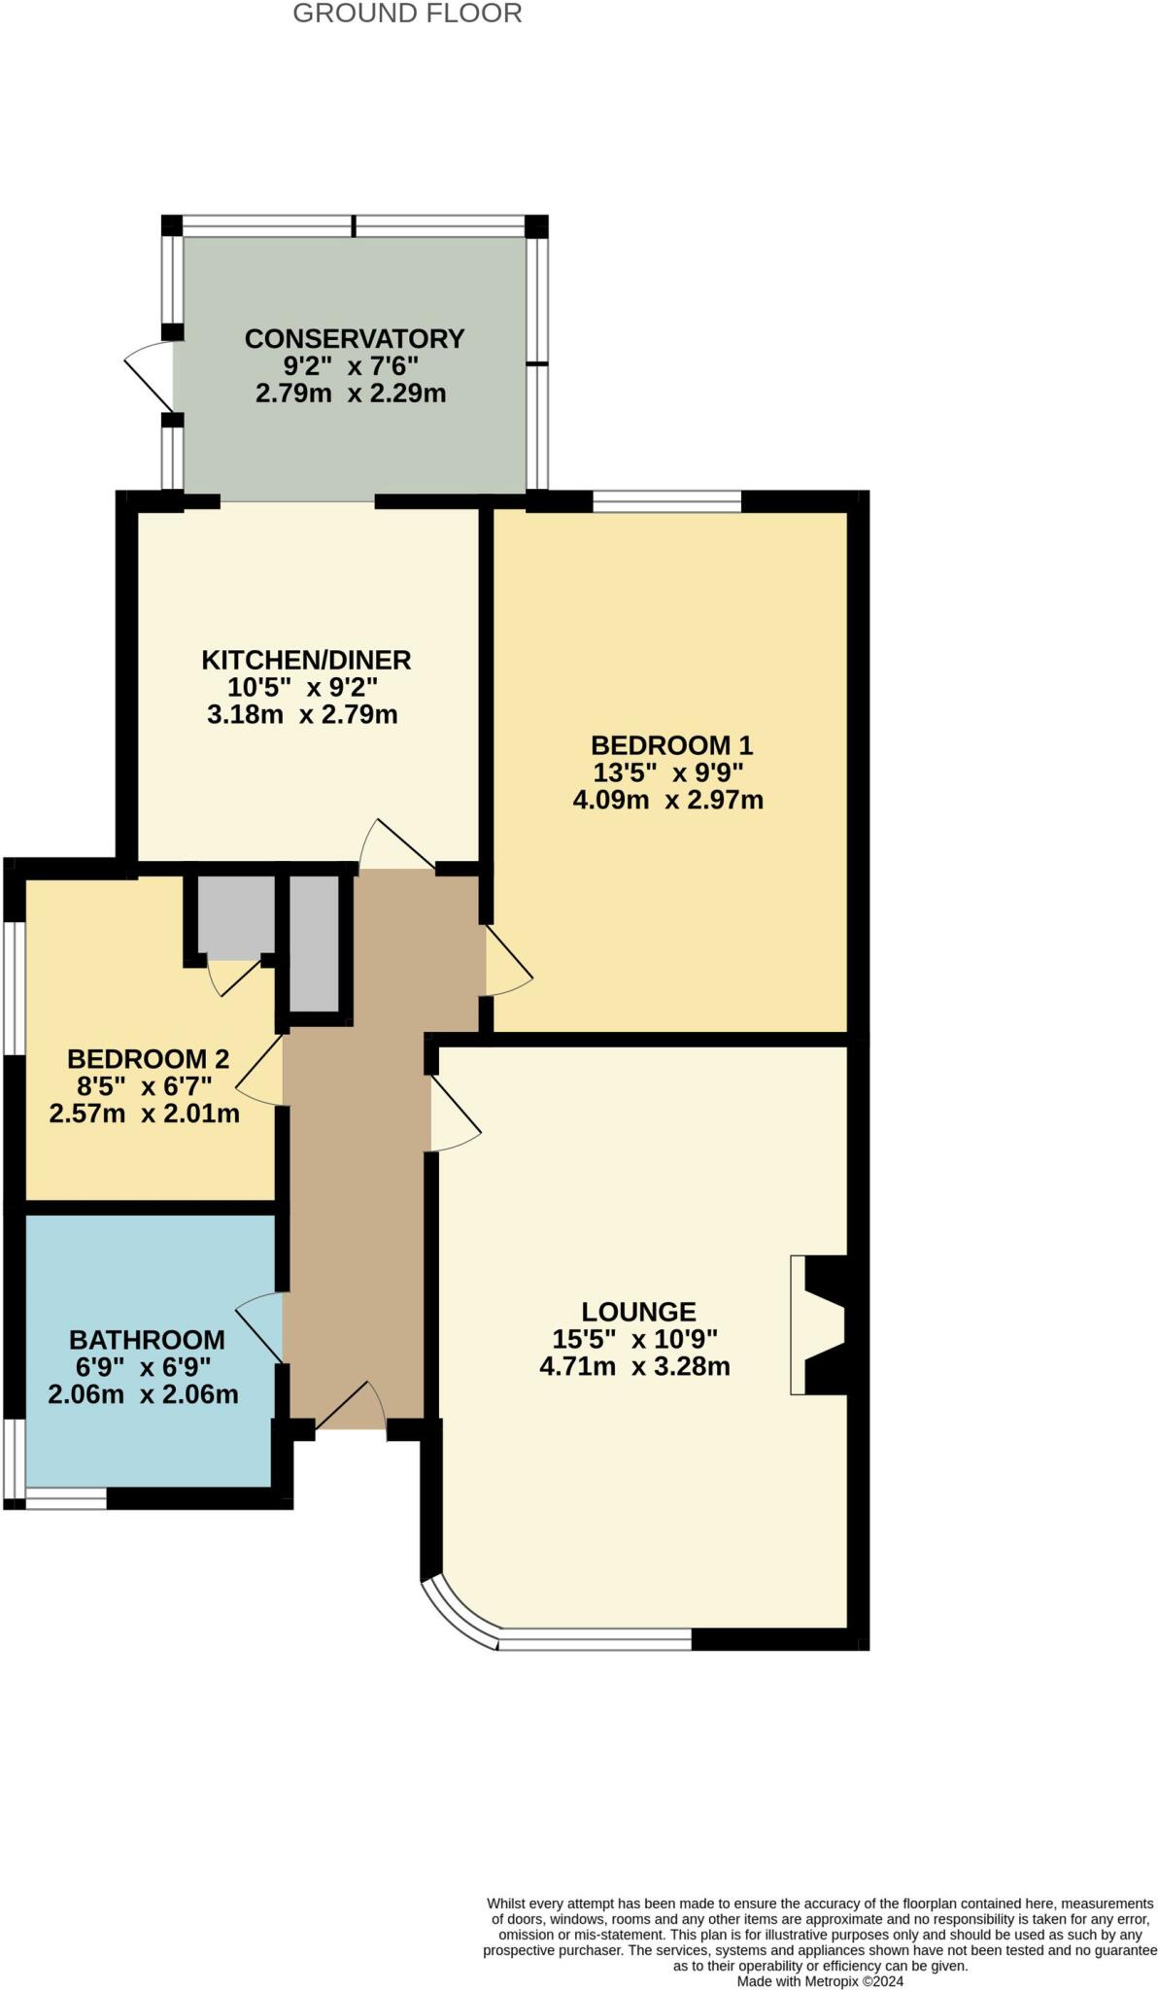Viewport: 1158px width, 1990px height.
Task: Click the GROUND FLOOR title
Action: pos(407,14)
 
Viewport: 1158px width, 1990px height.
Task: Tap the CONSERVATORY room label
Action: pos(354,339)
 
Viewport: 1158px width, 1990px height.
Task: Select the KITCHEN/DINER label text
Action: pos(306,661)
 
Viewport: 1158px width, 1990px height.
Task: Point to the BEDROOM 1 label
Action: pos(671,746)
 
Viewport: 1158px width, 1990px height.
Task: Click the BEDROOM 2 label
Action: pos(148,1059)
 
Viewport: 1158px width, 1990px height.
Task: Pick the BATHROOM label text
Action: pos(147,1340)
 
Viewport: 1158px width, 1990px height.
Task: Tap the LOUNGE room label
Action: pos(638,1312)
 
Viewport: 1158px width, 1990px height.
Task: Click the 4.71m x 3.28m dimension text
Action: pos(634,1367)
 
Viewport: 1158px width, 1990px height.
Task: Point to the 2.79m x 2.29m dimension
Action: pos(351,395)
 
